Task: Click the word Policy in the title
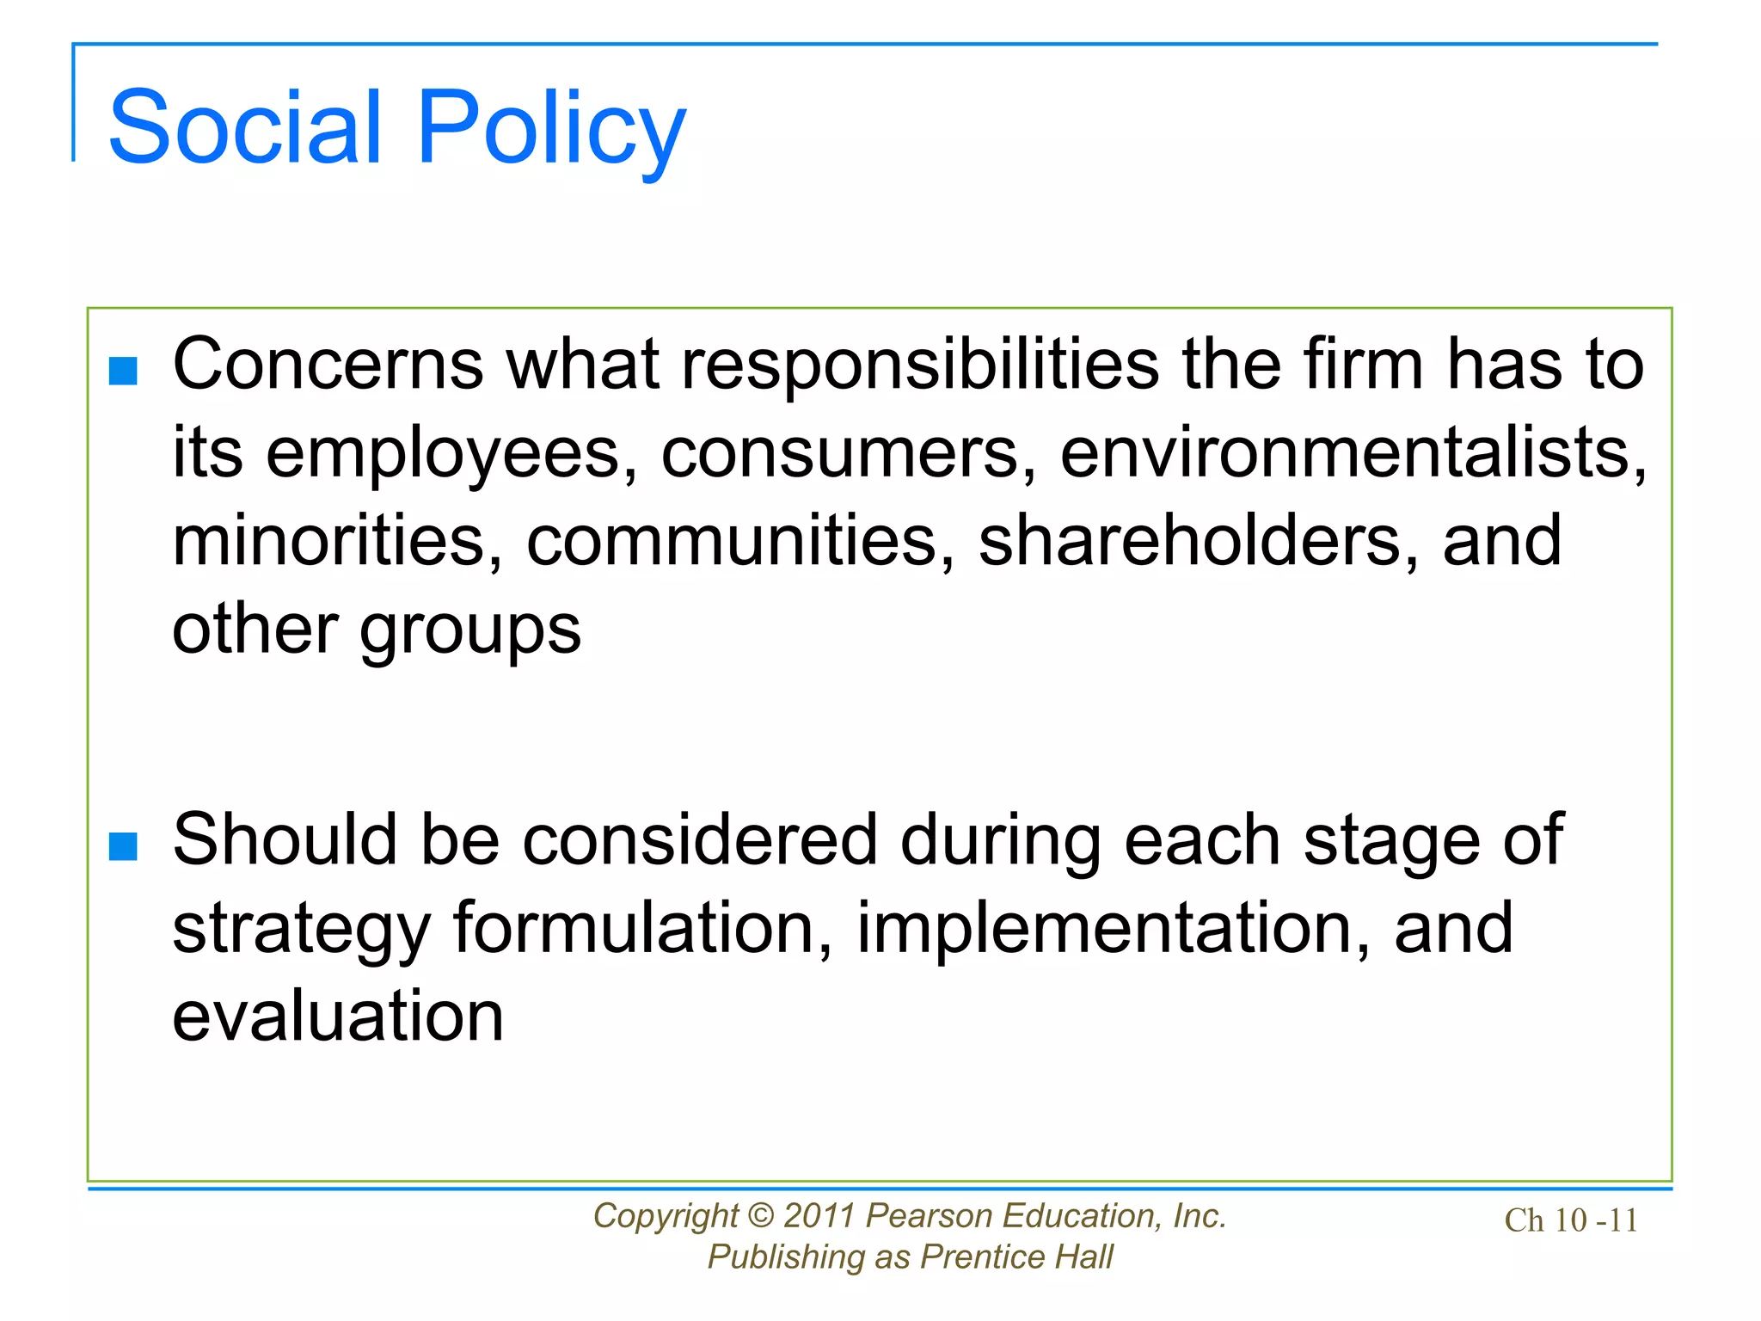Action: point(551,129)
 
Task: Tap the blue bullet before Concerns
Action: point(124,372)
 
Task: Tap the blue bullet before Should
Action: point(124,846)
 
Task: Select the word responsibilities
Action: point(920,365)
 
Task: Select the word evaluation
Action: point(338,1017)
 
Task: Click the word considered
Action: point(700,840)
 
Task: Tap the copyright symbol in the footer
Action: point(761,1215)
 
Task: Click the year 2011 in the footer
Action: point(819,1215)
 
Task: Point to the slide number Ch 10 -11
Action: point(1571,1220)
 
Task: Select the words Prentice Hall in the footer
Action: point(1016,1256)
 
